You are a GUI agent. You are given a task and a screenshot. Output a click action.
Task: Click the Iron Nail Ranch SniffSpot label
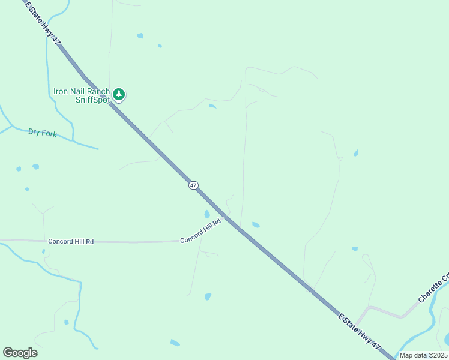click(82, 95)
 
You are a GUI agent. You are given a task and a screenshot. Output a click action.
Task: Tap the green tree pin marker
click(119, 94)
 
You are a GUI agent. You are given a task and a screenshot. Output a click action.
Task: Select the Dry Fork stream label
click(43, 133)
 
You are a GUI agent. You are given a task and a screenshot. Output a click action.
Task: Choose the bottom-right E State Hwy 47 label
click(360, 331)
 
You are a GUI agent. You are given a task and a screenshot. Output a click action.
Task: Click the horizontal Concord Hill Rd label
click(71, 241)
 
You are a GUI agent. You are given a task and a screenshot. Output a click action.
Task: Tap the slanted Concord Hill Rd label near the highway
click(200, 230)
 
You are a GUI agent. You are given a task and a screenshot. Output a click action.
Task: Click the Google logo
click(20, 353)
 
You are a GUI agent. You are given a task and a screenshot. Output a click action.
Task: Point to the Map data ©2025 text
click(424, 355)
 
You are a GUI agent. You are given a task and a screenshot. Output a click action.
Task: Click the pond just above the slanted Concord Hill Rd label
click(207, 214)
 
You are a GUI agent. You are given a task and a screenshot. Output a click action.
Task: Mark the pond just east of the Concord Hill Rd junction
click(256, 225)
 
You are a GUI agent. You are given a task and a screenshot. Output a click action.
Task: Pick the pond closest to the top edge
click(140, 36)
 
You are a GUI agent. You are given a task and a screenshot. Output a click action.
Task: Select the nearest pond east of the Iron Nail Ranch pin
click(212, 106)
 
